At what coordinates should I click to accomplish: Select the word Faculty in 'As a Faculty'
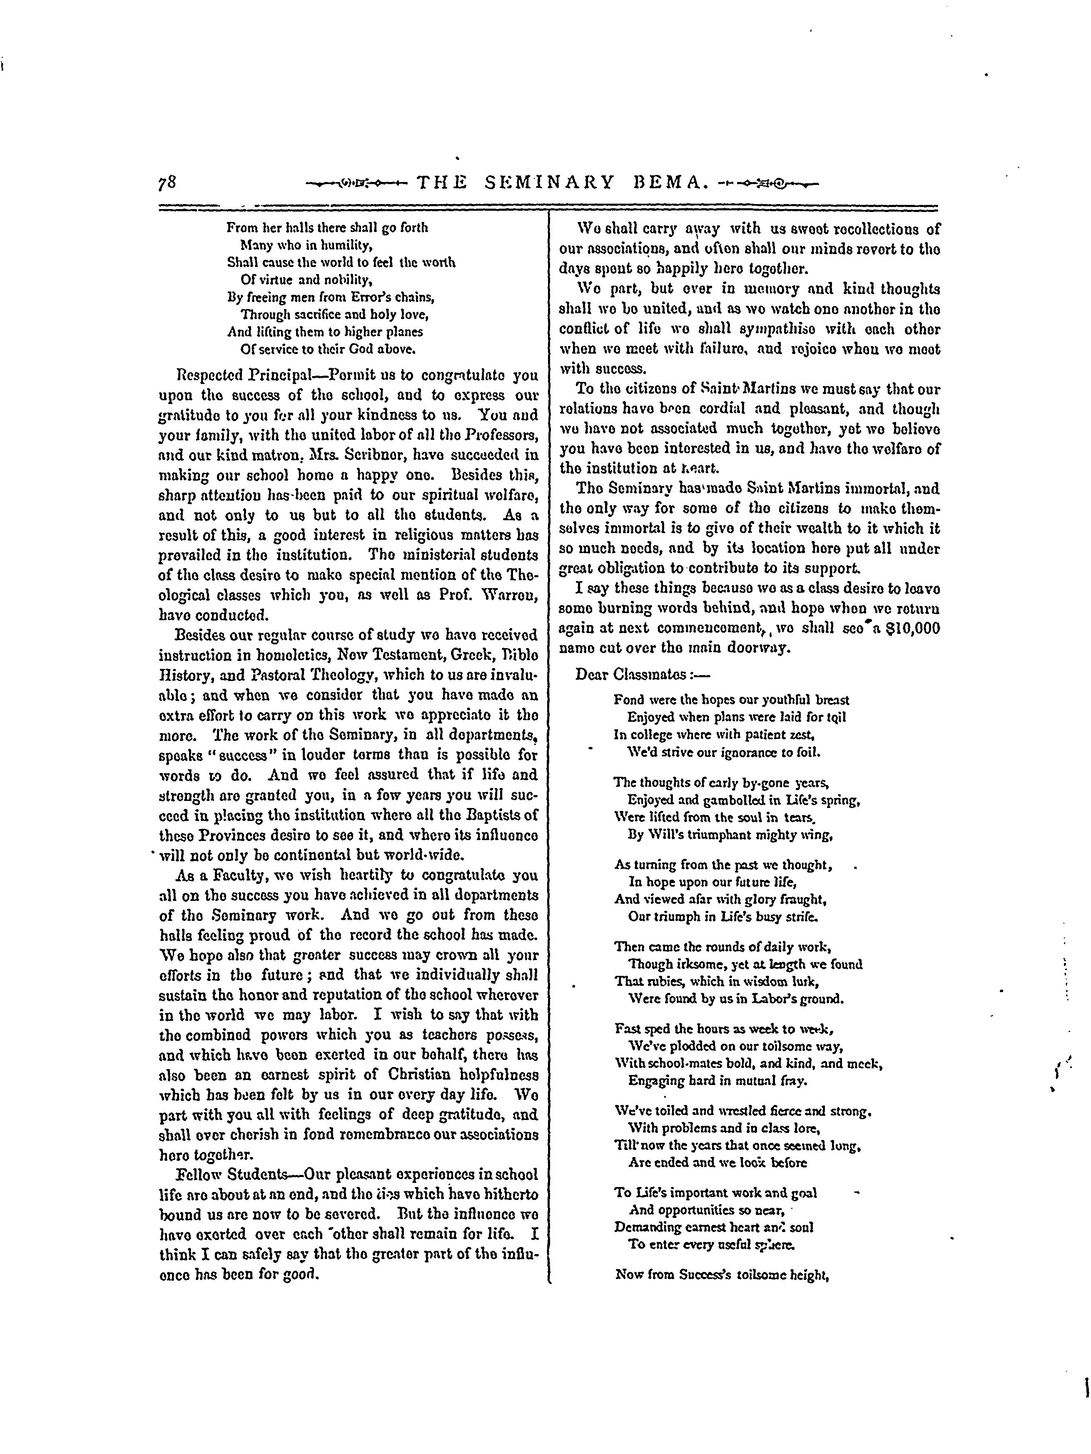pos(222,875)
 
